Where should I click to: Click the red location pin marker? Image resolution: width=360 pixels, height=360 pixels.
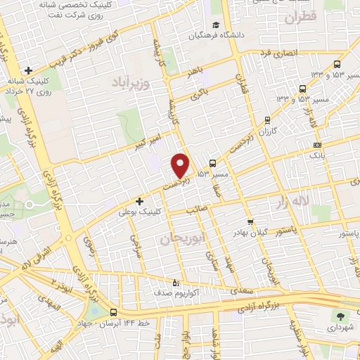pyautogui.click(x=181, y=165)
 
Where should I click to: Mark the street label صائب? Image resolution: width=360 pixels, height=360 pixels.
pyautogui.click(x=193, y=210)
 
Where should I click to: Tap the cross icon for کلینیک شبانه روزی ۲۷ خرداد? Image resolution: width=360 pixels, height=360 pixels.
pyautogui.click(x=28, y=70)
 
